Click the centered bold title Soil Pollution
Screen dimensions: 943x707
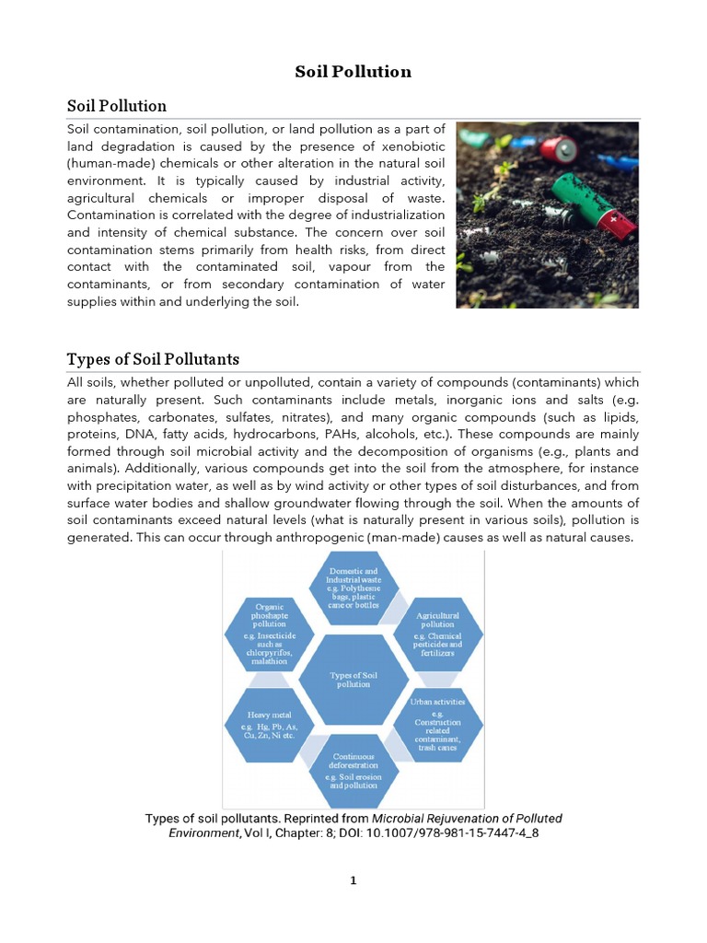click(x=353, y=72)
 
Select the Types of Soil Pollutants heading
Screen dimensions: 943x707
click(x=153, y=358)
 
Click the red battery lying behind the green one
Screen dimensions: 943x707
click(x=561, y=146)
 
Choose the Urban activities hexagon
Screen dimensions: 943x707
click(x=437, y=724)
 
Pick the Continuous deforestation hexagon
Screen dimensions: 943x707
click(x=353, y=770)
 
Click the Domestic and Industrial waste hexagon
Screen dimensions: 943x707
click(x=353, y=588)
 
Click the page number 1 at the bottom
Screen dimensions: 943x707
click(x=353, y=880)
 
